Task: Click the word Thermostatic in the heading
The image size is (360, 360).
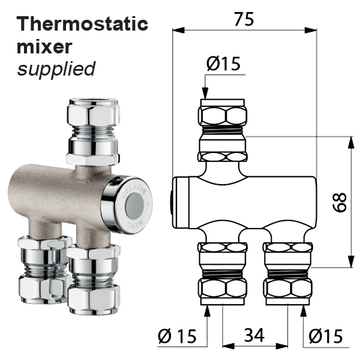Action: click(x=82, y=24)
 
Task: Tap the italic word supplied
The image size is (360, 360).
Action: click(x=56, y=69)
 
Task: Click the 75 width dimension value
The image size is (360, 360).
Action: click(x=244, y=19)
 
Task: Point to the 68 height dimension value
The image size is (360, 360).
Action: click(x=340, y=203)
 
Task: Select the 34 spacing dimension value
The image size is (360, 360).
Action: click(x=254, y=335)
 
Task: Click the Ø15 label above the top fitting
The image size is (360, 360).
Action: click(x=223, y=64)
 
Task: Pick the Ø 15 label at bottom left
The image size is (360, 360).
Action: click(x=177, y=336)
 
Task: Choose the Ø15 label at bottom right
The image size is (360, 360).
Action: click(x=326, y=336)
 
